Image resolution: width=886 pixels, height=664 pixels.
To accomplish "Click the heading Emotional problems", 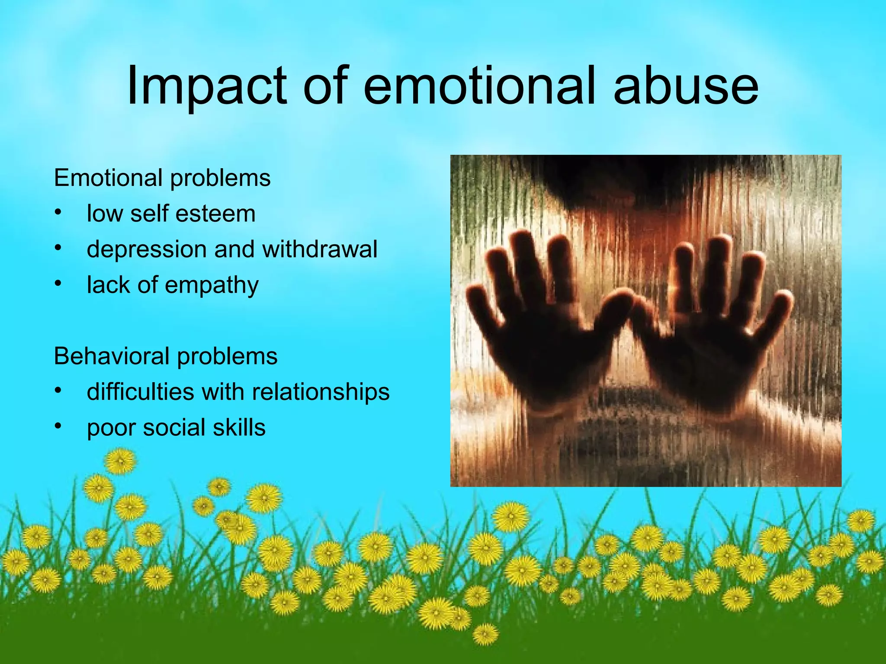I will pyautogui.click(x=162, y=178).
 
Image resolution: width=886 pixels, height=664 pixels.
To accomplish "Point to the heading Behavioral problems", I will pyautogui.click(x=166, y=356).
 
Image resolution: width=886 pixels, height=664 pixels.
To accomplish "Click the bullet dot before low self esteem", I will pyautogui.click(x=58, y=212).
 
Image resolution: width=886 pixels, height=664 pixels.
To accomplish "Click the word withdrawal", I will pyautogui.click(x=320, y=249).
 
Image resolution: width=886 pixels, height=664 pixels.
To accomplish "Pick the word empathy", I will pyautogui.click(x=212, y=285).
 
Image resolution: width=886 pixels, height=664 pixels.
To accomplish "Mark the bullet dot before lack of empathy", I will pyautogui.click(x=58, y=283).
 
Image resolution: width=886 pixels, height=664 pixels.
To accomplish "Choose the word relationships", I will pyautogui.click(x=321, y=392).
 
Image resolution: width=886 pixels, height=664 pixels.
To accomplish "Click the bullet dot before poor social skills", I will pyautogui.click(x=58, y=426).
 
